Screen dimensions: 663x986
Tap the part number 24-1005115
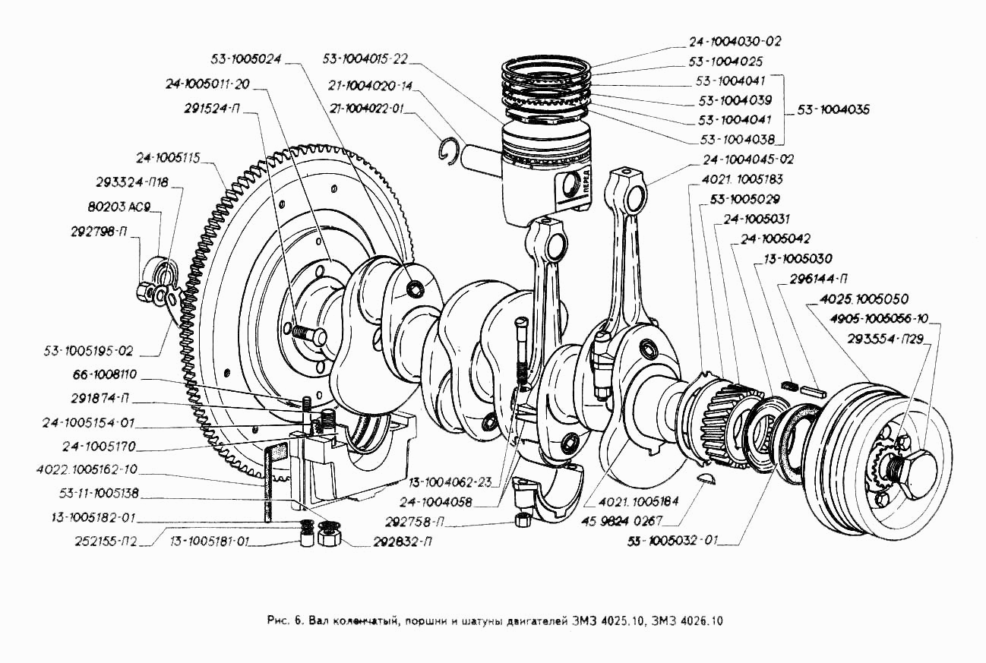coord(169,159)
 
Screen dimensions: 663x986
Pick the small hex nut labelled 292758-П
coord(522,520)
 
